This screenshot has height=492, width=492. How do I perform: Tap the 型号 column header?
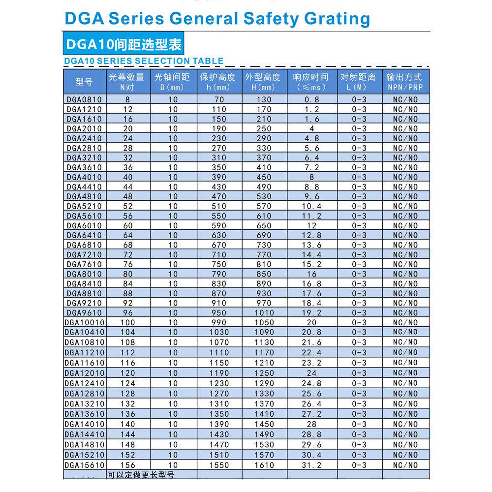tap(84, 82)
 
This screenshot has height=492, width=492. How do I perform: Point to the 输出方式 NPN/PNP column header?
tap(404, 82)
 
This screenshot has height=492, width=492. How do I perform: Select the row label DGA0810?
tap(84, 99)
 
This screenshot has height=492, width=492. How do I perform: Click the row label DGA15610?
tap(84, 465)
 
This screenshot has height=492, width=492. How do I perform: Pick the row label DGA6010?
tap(84, 225)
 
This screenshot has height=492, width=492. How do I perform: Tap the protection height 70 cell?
tap(219, 99)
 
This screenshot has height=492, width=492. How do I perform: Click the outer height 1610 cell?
tap(264, 465)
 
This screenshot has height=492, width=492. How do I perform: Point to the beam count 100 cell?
tap(128, 322)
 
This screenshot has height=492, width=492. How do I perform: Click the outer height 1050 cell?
tap(264, 322)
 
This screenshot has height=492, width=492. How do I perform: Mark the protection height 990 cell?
tap(219, 322)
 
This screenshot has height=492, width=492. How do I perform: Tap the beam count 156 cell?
tap(128, 465)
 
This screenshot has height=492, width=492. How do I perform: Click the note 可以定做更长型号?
tap(141, 475)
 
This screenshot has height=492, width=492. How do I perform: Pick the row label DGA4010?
tap(84, 177)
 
